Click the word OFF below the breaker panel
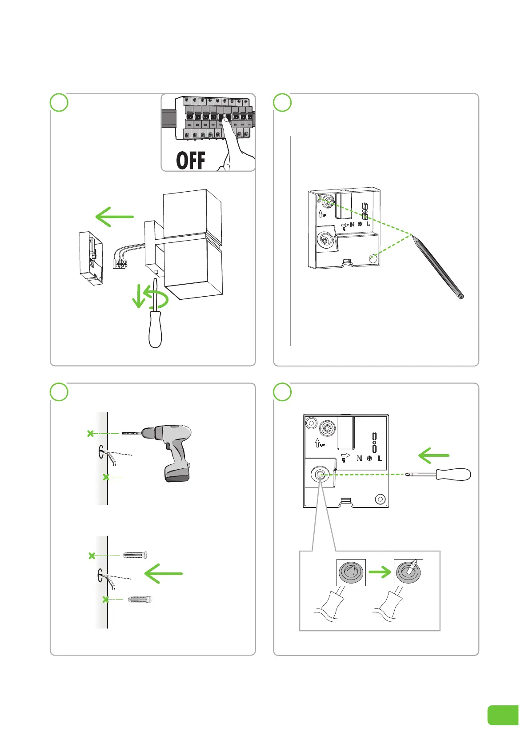click(x=191, y=161)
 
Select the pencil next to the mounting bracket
click(x=438, y=267)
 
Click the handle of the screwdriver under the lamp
click(x=155, y=329)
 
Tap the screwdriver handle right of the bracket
click(x=453, y=474)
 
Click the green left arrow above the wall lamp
click(x=115, y=217)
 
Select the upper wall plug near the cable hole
click(x=135, y=555)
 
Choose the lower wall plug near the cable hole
click(x=140, y=599)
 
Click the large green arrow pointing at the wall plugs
click(x=164, y=574)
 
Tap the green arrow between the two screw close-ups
click(x=380, y=572)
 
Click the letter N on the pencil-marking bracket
click(x=352, y=225)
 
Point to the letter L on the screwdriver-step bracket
click(x=380, y=458)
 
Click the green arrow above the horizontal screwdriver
click(x=434, y=455)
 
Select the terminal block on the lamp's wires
click(x=120, y=263)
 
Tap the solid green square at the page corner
click(x=503, y=715)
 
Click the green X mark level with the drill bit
click(x=91, y=433)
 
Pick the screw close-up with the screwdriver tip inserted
click(x=409, y=572)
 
